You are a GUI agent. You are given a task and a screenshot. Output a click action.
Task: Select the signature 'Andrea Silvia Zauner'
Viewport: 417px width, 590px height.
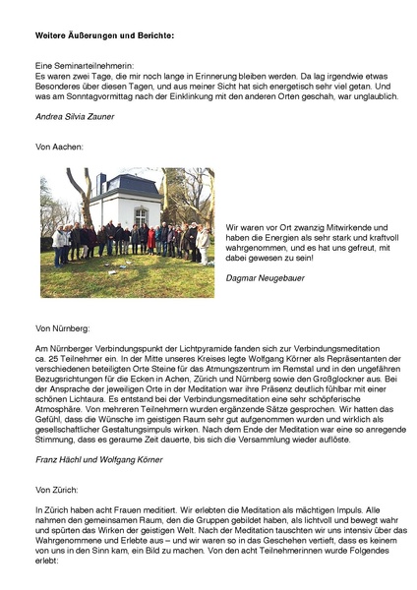[77, 116]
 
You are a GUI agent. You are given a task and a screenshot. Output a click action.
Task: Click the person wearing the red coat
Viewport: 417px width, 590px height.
[151, 239]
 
